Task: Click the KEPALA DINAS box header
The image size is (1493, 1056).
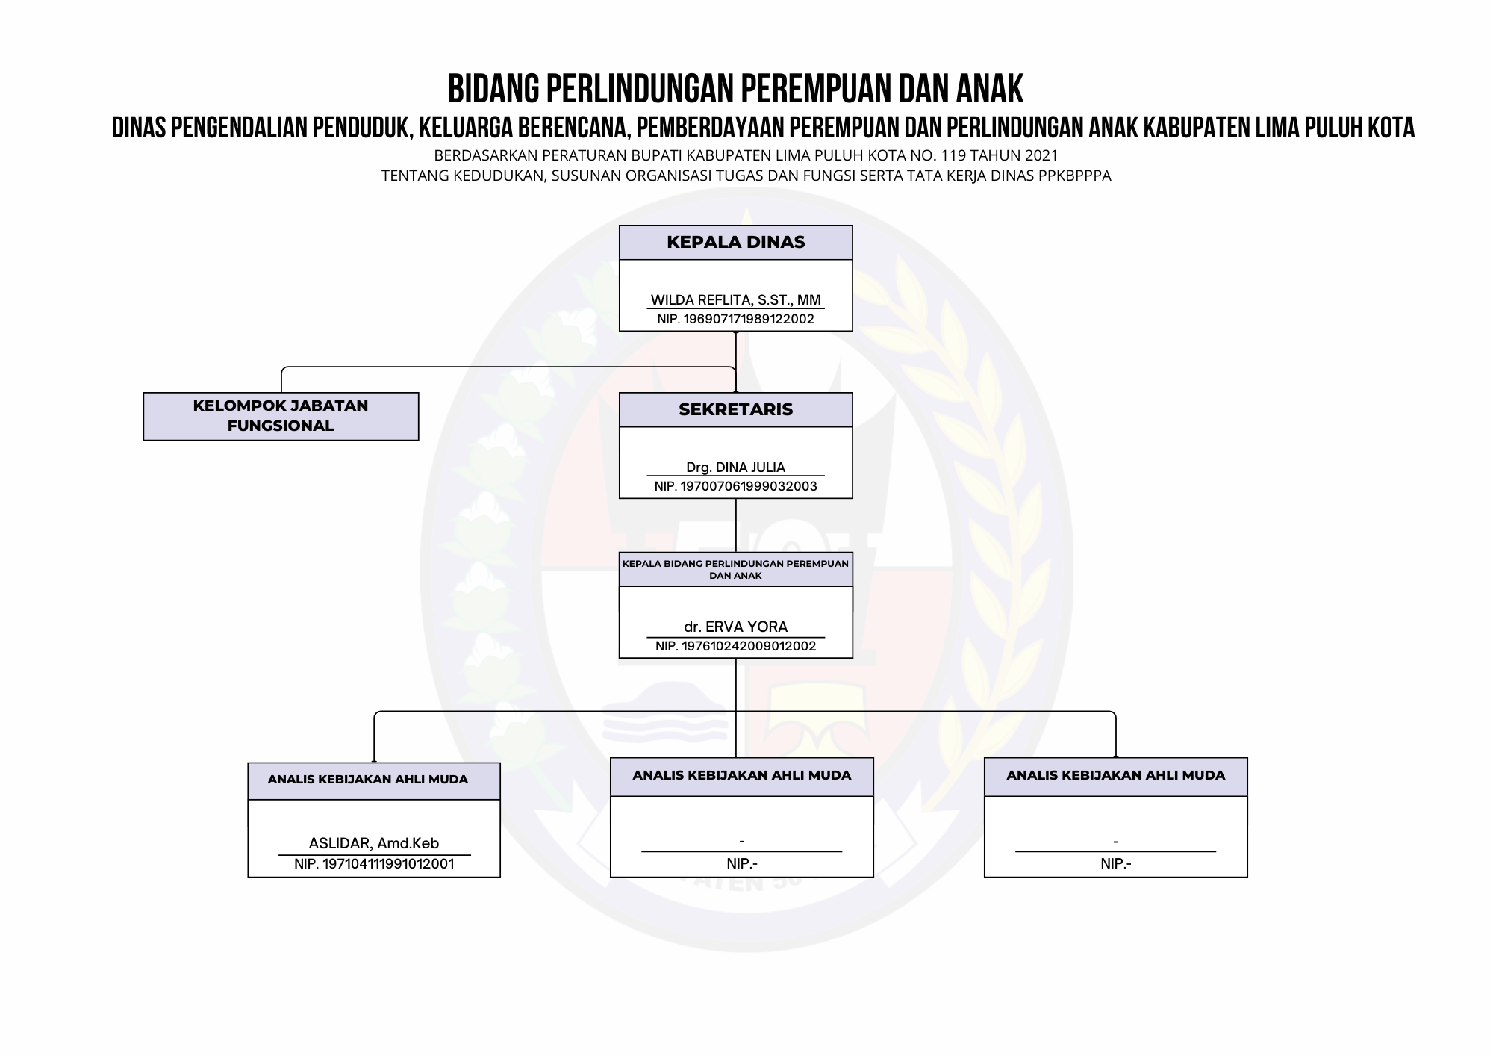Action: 735,243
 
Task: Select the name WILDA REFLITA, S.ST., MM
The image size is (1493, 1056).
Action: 735,300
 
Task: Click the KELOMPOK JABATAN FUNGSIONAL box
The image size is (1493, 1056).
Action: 281,416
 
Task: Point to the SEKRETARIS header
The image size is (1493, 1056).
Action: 735,410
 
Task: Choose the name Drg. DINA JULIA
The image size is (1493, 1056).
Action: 735,468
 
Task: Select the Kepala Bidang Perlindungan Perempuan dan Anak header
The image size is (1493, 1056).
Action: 735,569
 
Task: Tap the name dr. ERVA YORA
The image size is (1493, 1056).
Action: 735,627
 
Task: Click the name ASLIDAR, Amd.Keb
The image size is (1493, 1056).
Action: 373,843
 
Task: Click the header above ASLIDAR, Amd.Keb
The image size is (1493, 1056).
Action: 368,780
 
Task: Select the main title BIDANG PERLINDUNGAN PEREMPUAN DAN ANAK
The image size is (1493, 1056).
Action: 735,89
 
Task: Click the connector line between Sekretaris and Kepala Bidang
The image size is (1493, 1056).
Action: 736,524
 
